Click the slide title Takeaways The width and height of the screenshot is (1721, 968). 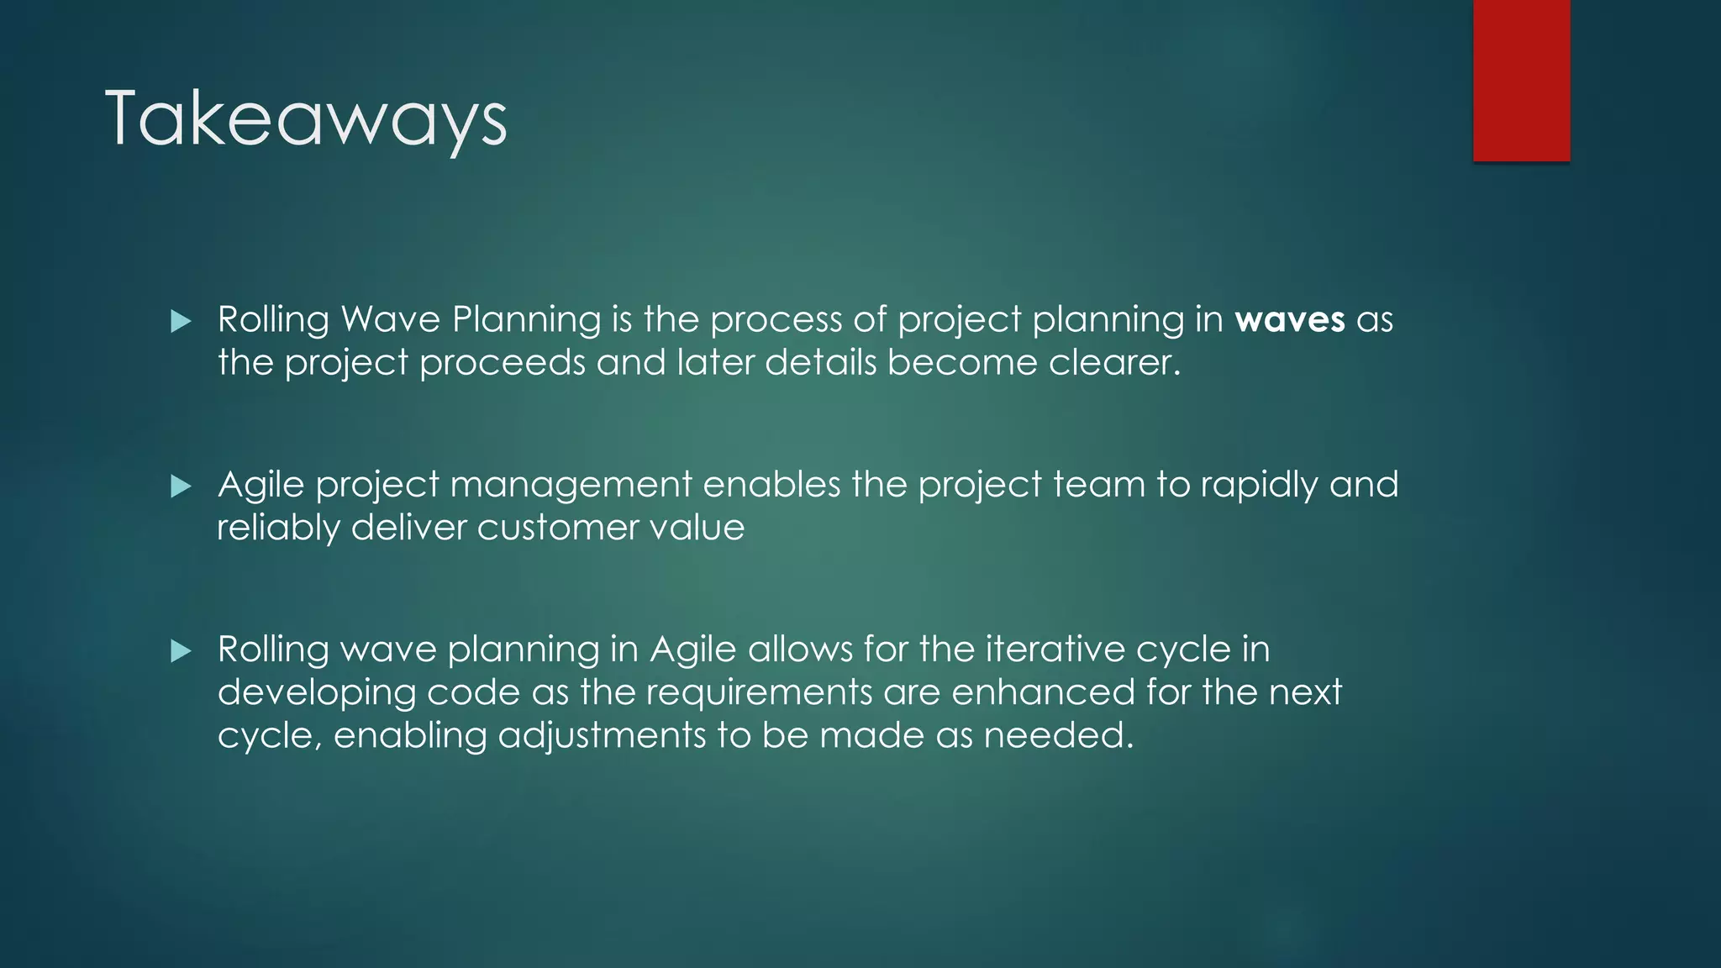click(x=306, y=119)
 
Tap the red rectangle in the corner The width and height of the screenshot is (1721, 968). click(x=1521, y=80)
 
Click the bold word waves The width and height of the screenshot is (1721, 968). click(x=1290, y=320)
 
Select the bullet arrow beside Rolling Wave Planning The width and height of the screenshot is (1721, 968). click(x=181, y=321)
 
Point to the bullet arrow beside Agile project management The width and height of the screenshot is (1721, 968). click(x=181, y=486)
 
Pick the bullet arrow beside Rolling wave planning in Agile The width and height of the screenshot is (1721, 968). click(x=181, y=650)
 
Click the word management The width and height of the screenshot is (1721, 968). click(x=571, y=485)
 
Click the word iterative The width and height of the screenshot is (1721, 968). click(x=1055, y=650)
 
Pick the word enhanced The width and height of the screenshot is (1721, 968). click(x=1043, y=692)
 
